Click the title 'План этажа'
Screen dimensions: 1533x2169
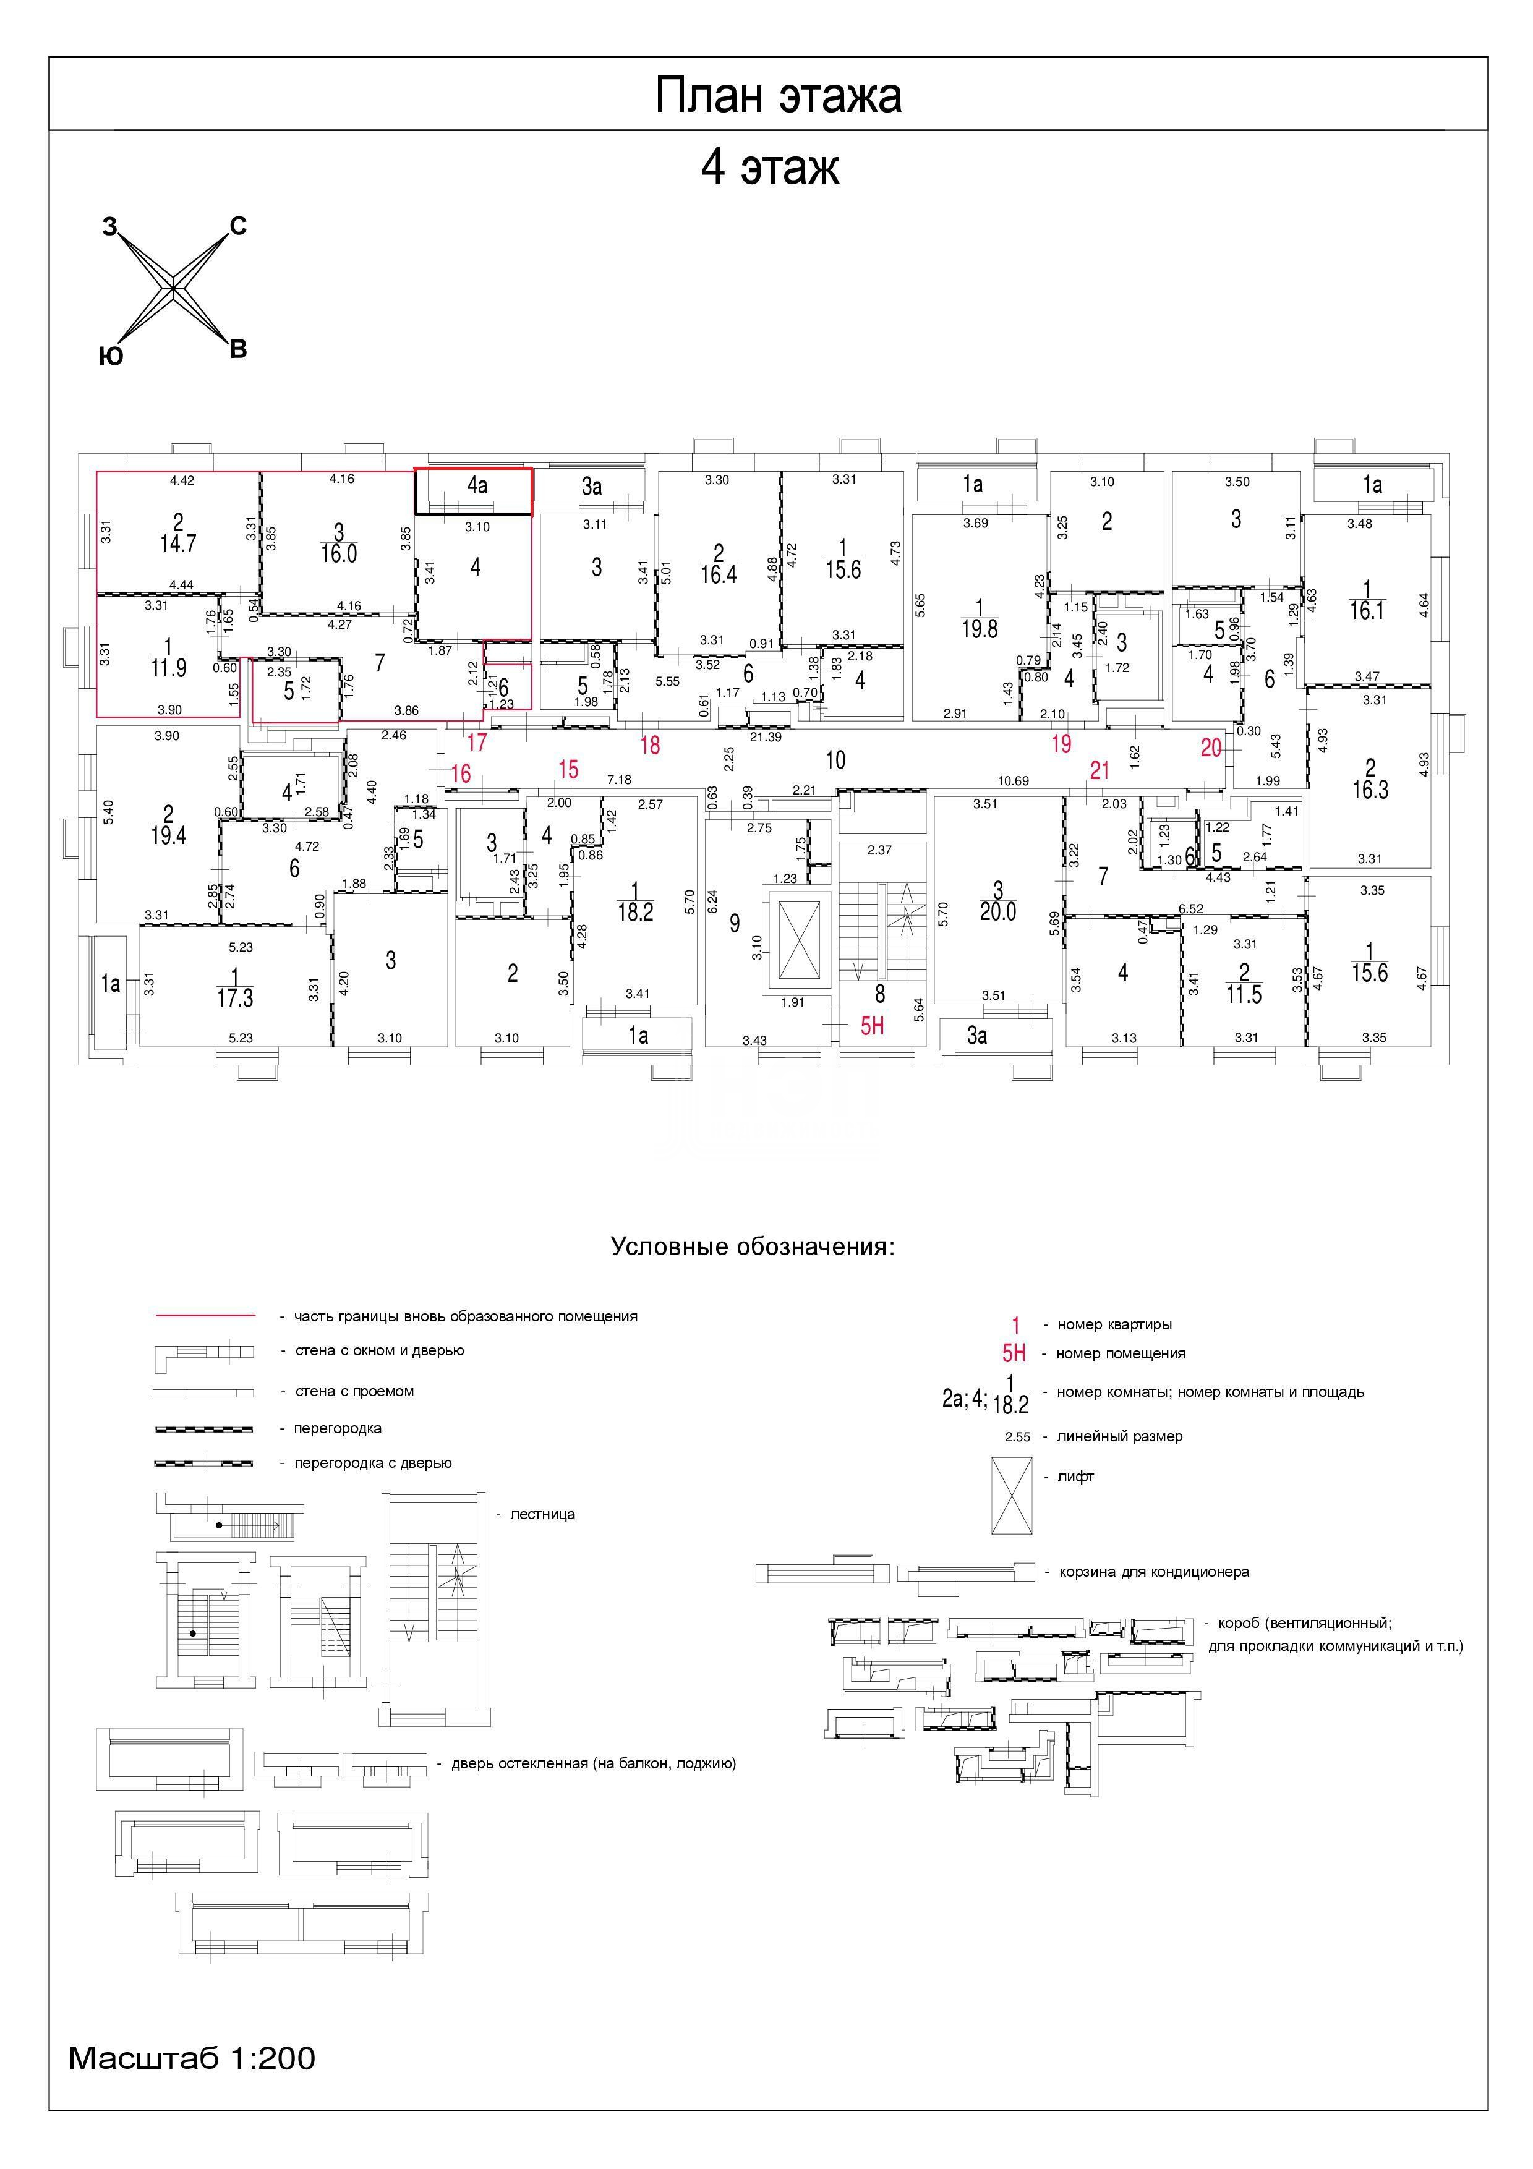tap(779, 95)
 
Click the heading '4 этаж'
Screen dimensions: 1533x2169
tap(770, 167)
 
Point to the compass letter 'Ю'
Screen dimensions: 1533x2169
tap(111, 356)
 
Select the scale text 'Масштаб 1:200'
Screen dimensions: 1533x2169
tap(192, 2058)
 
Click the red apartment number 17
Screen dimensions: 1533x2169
tap(476, 743)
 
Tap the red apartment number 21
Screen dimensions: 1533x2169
tap(1100, 771)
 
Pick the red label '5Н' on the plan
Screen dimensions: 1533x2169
tap(872, 1025)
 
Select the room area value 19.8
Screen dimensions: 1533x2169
tap(980, 628)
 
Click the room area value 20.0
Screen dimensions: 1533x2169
tap(997, 911)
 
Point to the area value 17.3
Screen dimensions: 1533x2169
tap(234, 997)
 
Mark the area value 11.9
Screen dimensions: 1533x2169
tap(168, 668)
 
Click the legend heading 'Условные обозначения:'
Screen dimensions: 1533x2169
tap(753, 1246)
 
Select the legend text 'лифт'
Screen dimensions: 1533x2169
tap(1075, 1477)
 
